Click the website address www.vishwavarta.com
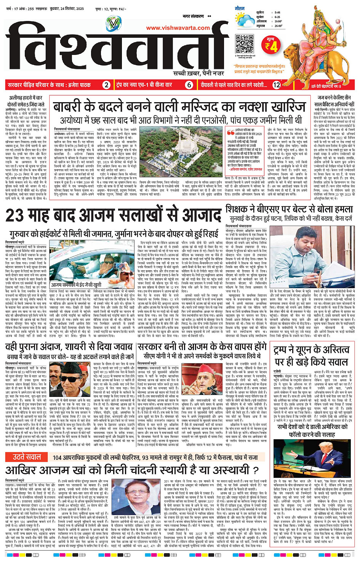178,28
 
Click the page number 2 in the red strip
107,85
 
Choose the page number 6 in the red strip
189,85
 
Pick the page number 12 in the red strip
277,85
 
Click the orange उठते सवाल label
27,457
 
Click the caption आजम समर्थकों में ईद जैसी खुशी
76,285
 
